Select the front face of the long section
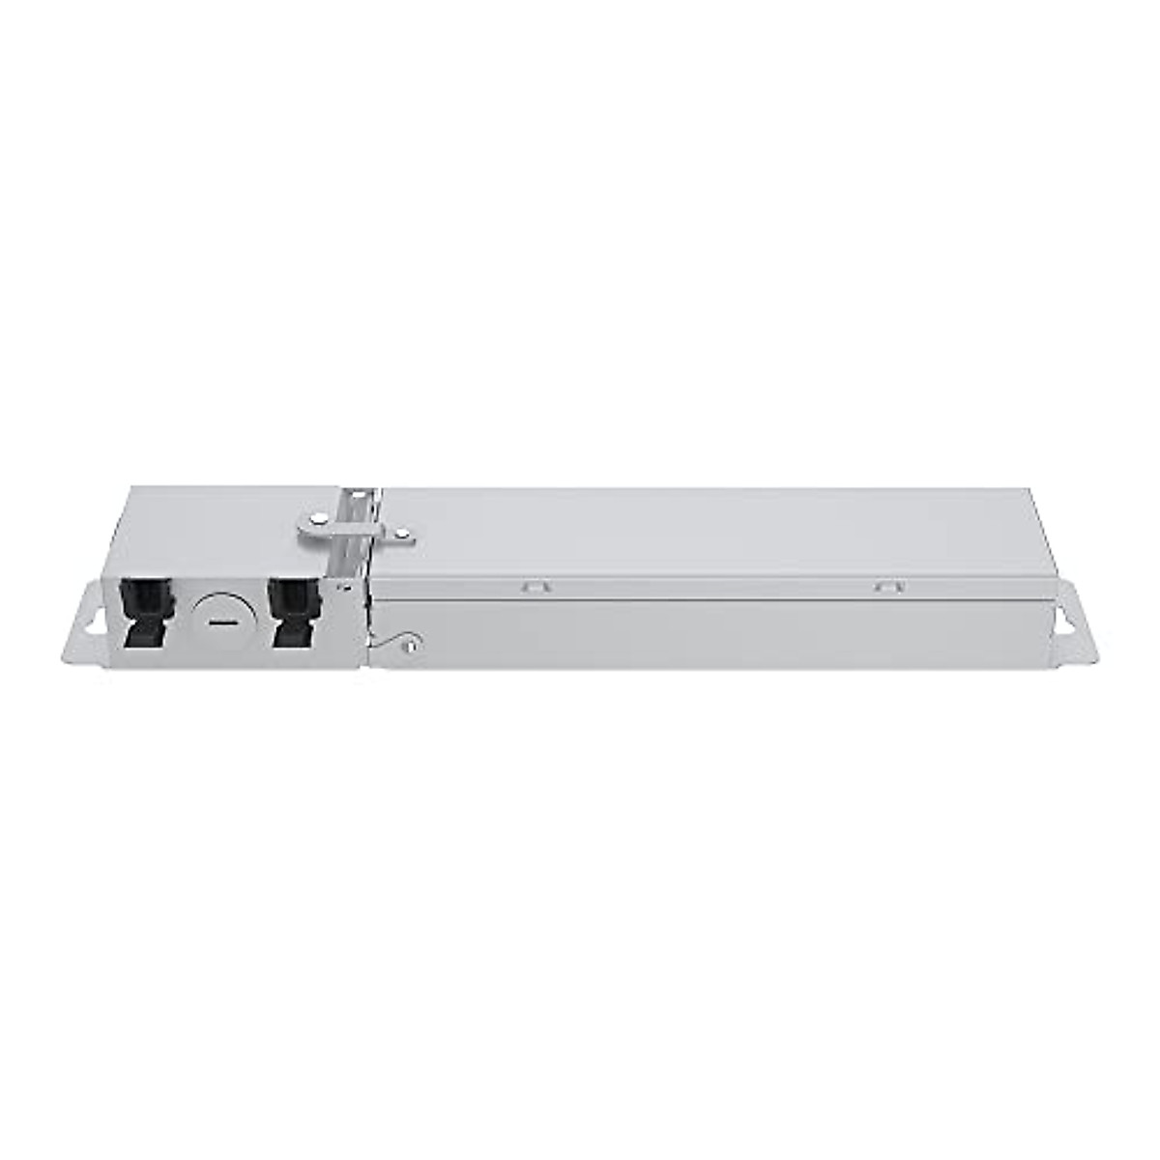(715, 634)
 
